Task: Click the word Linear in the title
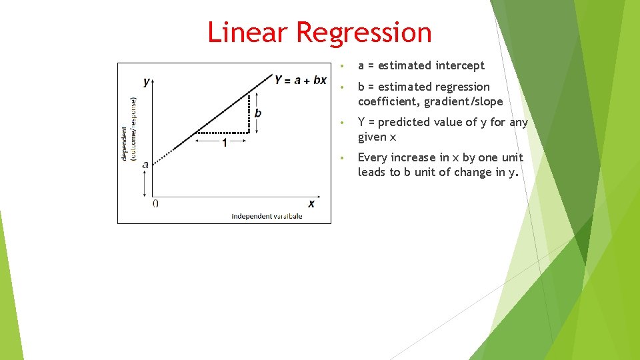[247, 32]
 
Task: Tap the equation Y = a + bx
[300, 80]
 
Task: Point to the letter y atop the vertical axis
[147, 82]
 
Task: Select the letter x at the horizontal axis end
[311, 203]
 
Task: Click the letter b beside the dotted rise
[258, 113]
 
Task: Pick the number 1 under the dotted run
[224, 143]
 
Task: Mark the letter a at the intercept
[145, 163]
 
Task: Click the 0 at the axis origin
[155, 203]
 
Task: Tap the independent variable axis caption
[267, 216]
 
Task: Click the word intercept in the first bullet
[459, 65]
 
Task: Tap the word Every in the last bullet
[373, 157]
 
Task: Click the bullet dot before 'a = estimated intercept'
[341, 66]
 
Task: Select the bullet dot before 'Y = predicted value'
[341, 123]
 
